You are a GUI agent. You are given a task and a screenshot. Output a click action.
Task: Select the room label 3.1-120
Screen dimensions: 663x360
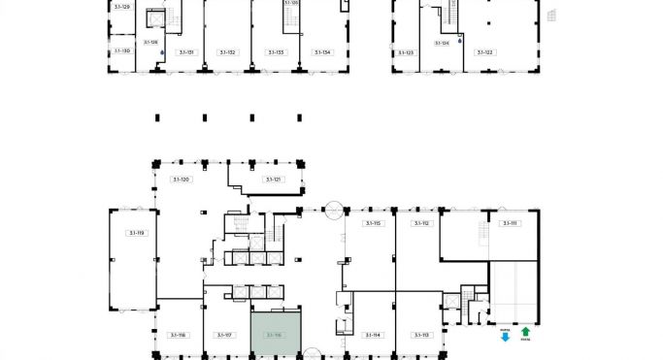point(181,180)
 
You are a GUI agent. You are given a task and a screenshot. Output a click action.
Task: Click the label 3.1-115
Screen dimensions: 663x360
point(371,223)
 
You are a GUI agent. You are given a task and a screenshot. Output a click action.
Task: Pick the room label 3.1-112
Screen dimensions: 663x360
point(421,223)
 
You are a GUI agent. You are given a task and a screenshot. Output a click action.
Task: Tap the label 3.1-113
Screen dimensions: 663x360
point(421,335)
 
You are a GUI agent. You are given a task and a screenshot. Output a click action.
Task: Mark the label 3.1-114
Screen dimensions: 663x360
point(371,335)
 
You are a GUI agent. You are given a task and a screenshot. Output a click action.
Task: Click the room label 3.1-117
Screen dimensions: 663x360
point(225,335)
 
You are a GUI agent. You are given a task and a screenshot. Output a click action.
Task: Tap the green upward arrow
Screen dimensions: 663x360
point(525,332)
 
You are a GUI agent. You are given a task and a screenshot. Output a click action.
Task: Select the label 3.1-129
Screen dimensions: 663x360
point(121,7)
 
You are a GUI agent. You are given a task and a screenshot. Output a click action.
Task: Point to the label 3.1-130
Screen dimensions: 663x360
point(121,50)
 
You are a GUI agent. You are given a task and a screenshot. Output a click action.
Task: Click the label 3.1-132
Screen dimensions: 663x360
point(227,52)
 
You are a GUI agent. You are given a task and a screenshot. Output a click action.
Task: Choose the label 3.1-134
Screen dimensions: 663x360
point(322,52)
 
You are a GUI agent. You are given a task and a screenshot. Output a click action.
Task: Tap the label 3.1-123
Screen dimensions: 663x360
point(405,52)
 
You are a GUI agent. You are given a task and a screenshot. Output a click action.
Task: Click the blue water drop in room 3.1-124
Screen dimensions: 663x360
point(459,42)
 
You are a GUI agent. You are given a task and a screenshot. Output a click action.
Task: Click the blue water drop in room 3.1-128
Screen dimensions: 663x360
point(163,51)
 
